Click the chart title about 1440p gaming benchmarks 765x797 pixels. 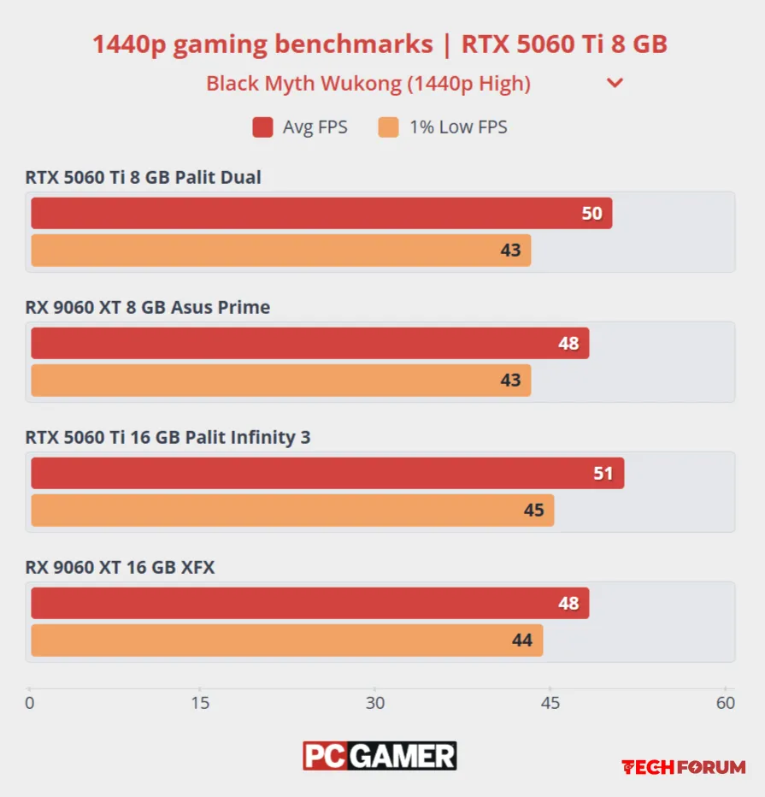tap(380, 44)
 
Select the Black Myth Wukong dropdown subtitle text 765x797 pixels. tap(368, 84)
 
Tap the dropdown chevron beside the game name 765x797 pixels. tap(615, 84)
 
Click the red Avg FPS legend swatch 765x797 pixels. tap(262, 127)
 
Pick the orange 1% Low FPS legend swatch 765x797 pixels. tap(388, 127)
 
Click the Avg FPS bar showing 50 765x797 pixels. tap(321, 214)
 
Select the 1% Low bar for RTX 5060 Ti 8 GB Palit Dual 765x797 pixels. tap(281, 251)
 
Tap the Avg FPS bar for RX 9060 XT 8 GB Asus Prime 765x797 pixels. tap(310, 343)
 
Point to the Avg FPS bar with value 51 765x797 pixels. tap(327, 473)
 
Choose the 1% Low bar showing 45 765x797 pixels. tap(292, 511)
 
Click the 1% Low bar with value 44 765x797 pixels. tap(287, 641)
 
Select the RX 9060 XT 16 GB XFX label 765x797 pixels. tap(121, 567)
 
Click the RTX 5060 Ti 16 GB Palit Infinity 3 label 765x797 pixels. tap(168, 437)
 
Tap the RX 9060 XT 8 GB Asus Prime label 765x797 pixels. tap(148, 307)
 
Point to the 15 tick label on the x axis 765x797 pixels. tap(200, 704)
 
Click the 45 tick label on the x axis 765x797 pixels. tap(550, 704)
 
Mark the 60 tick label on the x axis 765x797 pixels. tap(725, 704)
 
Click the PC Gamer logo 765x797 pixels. tap(380, 756)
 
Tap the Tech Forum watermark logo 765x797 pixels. tap(683, 767)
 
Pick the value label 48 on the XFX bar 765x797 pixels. tap(568, 604)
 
